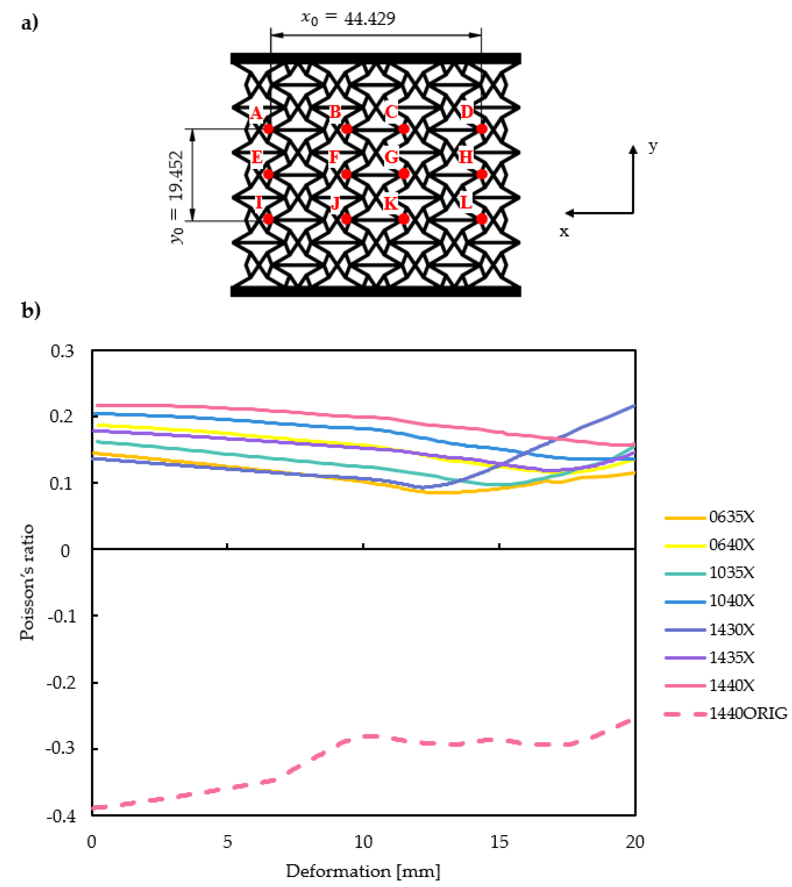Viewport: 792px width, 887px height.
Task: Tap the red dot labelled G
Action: (404, 174)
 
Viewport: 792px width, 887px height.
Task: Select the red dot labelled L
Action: (481, 219)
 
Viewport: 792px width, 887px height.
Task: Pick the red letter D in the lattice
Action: (466, 112)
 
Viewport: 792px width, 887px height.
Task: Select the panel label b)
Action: (30, 310)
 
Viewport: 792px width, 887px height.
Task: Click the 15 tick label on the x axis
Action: (499, 842)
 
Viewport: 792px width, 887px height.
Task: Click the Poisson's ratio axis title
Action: (27, 583)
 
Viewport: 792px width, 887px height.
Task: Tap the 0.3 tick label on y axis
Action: (62, 351)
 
